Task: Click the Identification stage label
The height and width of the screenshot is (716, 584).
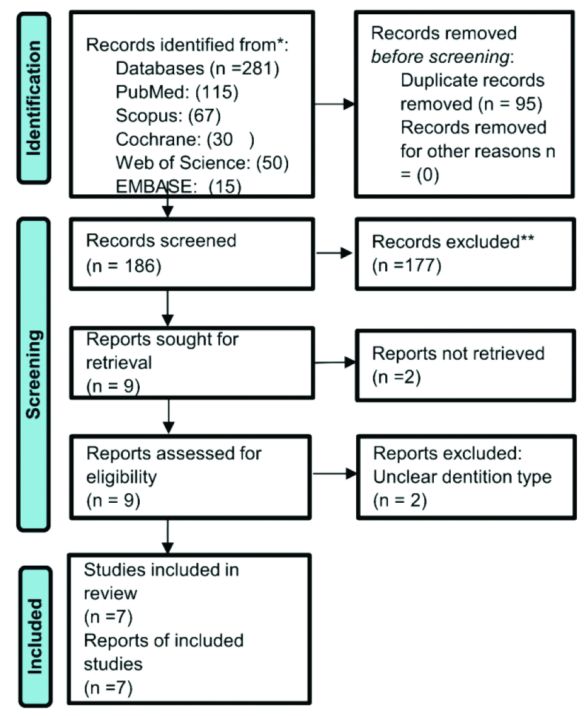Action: (x=34, y=98)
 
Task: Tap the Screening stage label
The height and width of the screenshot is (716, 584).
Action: (x=33, y=375)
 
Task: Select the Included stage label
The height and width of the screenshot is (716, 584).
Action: (x=35, y=636)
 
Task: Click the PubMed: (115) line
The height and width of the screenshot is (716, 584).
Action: (x=177, y=92)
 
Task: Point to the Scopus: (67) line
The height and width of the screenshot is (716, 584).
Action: (x=168, y=115)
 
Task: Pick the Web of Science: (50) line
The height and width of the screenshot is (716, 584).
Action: (x=202, y=163)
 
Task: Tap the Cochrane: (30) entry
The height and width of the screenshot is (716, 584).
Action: (x=185, y=139)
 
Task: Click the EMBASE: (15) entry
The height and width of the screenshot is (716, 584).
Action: (x=179, y=187)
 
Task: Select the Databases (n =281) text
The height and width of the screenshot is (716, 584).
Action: (x=197, y=69)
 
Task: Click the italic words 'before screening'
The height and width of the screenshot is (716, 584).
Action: (x=440, y=56)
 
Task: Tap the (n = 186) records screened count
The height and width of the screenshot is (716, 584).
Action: (x=124, y=266)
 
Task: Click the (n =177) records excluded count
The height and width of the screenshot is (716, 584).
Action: (x=407, y=265)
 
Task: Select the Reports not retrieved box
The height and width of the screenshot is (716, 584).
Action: (x=466, y=365)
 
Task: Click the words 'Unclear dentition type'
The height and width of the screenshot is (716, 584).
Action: (x=462, y=477)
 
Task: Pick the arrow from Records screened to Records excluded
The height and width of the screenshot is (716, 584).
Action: (x=334, y=253)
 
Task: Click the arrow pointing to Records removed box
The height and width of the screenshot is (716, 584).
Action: (x=335, y=104)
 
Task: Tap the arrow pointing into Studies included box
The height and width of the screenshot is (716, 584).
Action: (x=168, y=537)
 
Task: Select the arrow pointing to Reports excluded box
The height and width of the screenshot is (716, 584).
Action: (x=335, y=474)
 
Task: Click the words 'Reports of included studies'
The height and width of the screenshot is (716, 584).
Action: (x=163, y=652)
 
